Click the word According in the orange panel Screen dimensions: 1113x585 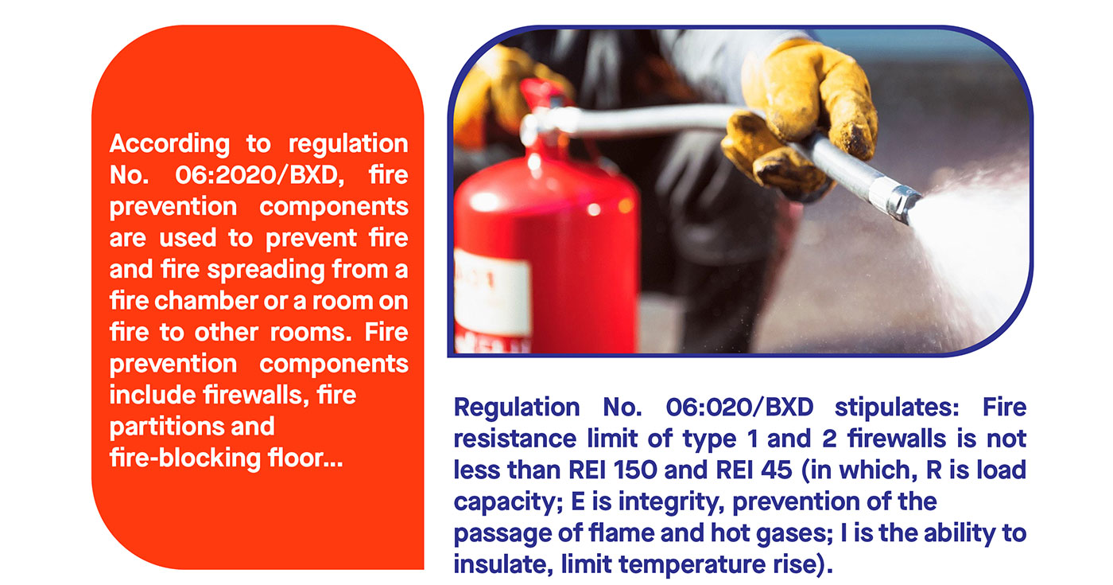coord(169,144)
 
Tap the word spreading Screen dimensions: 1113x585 coord(266,271)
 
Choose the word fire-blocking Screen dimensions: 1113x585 coord(184,458)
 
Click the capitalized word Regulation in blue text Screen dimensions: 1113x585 coord(517,408)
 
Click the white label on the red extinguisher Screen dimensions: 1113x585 coord(492,293)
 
